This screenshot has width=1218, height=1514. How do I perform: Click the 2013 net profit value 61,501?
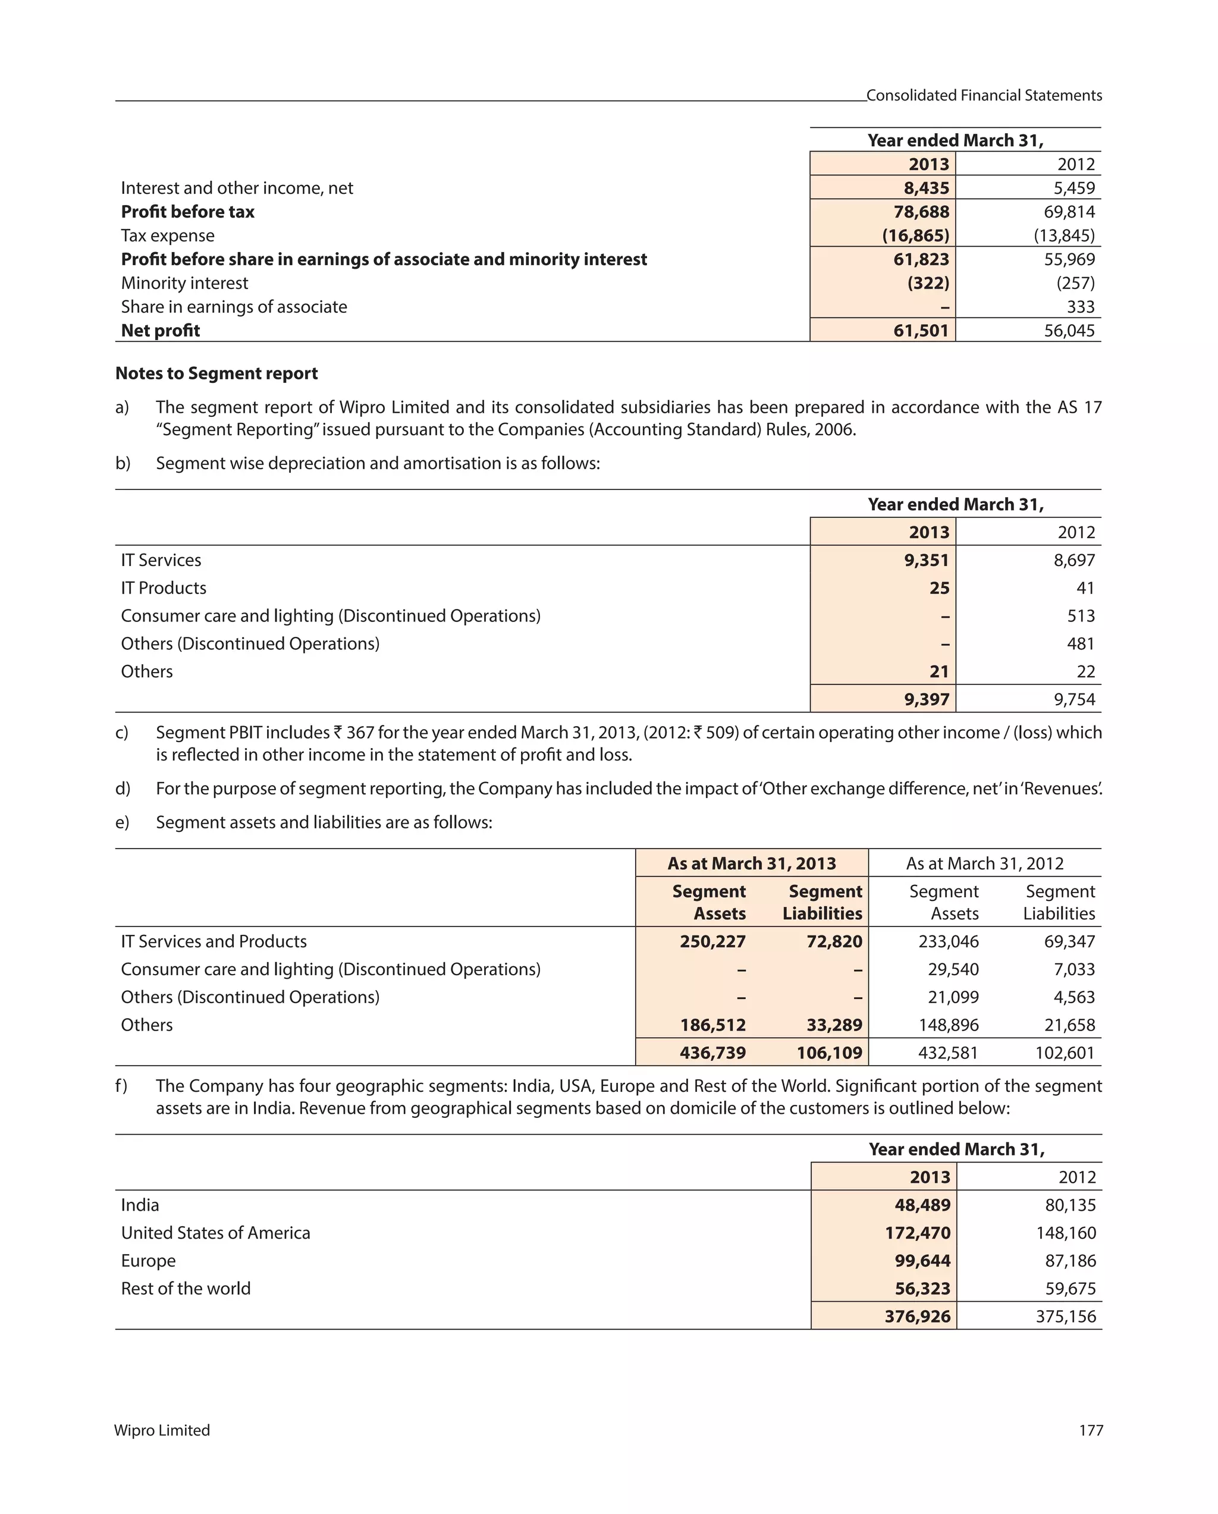920,330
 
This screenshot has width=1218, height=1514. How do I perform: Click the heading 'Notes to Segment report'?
216,373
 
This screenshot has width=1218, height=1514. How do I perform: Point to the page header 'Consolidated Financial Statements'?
984,96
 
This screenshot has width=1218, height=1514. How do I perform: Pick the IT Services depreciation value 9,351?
926,560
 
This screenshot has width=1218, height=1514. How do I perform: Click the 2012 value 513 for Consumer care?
1081,616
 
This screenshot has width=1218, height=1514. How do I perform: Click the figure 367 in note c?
360,733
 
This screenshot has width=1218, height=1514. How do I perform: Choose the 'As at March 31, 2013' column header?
751,863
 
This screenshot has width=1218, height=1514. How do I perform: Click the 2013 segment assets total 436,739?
712,1052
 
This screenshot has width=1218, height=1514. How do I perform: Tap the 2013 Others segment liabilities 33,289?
834,1025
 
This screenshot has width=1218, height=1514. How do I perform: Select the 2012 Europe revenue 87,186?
1070,1261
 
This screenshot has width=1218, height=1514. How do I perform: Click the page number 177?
1090,1430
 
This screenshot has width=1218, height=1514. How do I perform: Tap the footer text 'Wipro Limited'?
162,1430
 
